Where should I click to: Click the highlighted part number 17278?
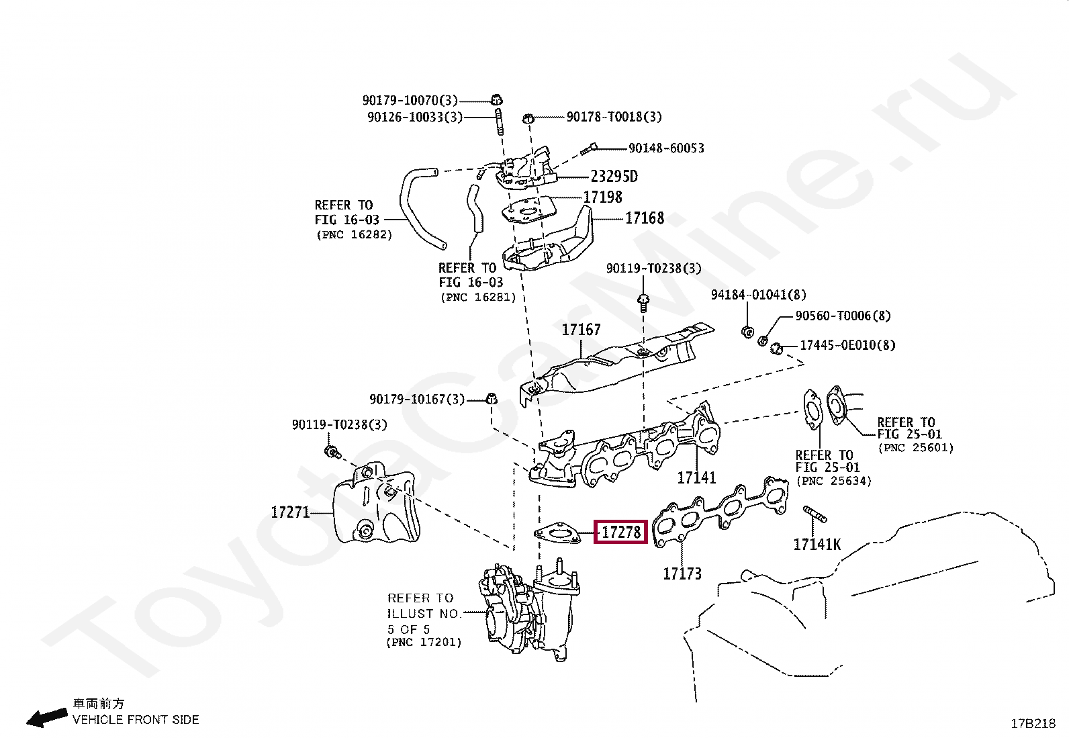[x=621, y=533]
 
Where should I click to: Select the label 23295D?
[x=614, y=177]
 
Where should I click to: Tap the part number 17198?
[x=602, y=197]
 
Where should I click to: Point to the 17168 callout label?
[x=644, y=218]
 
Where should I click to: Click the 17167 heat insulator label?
[x=581, y=330]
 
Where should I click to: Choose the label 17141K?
[x=817, y=545]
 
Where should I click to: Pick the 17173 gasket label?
[x=682, y=573]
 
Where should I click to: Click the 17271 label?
[x=290, y=512]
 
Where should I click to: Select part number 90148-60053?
[x=666, y=148]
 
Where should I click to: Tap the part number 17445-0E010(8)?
[x=847, y=346]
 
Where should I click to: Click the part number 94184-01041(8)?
[x=759, y=295]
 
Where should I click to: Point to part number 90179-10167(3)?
[x=416, y=400]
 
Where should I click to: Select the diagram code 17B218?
[x=1033, y=723]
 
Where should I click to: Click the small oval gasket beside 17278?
[x=557, y=535]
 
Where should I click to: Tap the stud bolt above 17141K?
[x=815, y=515]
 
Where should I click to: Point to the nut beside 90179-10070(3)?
[x=497, y=101]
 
